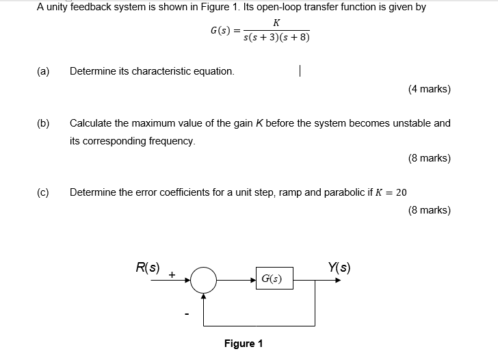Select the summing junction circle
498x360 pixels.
(x=203, y=279)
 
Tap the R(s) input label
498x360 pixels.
(x=148, y=268)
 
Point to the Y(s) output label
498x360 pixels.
(x=339, y=267)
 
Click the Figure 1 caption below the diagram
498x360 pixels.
(x=244, y=344)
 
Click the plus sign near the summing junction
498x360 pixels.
(x=172, y=274)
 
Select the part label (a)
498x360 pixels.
(x=43, y=71)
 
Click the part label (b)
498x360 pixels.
(x=43, y=123)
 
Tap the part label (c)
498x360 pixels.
(x=43, y=192)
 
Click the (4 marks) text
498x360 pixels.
(x=429, y=89)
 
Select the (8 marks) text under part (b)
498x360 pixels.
(x=429, y=158)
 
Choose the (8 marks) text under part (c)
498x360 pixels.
(x=429, y=210)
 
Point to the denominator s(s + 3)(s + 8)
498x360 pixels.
(x=276, y=37)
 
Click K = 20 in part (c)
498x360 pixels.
(x=391, y=192)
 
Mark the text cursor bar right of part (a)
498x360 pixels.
(x=300, y=70)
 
